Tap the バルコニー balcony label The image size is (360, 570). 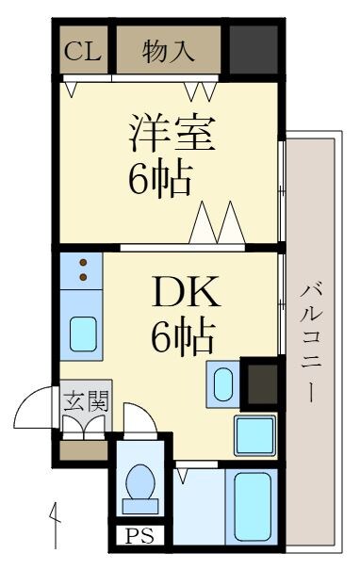click(308, 340)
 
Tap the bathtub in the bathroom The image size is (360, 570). click(254, 503)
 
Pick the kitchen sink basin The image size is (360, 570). click(83, 334)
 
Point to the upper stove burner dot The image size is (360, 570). click(83, 263)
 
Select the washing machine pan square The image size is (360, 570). click(255, 434)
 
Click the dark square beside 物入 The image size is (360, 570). click(254, 50)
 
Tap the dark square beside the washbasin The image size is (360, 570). click(259, 382)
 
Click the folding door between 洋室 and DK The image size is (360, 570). click(218, 226)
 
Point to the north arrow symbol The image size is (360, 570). click(56, 517)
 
